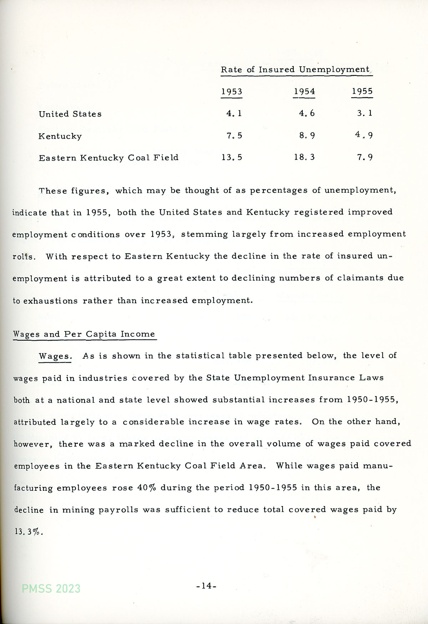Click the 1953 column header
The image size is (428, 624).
point(231,92)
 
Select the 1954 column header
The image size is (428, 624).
point(304,92)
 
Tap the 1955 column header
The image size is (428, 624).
point(362,91)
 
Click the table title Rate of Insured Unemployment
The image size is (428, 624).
point(295,69)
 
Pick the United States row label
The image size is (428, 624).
point(70,114)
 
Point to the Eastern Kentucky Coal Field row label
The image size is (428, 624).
point(108,158)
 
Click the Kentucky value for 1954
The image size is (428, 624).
point(307,135)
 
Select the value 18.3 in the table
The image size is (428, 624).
point(304,157)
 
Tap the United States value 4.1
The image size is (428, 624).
point(234,113)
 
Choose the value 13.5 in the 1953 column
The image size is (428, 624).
point(231,157)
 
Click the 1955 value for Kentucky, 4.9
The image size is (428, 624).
point(364,135)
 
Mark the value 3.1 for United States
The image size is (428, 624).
point(365,113)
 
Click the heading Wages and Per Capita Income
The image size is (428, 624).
point(84,334)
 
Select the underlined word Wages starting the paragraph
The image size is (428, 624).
point(55,356)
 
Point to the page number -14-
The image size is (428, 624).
point(206,586)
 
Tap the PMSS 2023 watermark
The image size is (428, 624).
point(51,588)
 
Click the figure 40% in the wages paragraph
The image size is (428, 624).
point(147,488)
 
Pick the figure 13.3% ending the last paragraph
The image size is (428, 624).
point(28,532)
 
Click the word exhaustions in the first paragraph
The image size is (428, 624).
point(50,301)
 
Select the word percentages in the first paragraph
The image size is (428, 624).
point(279,191)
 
